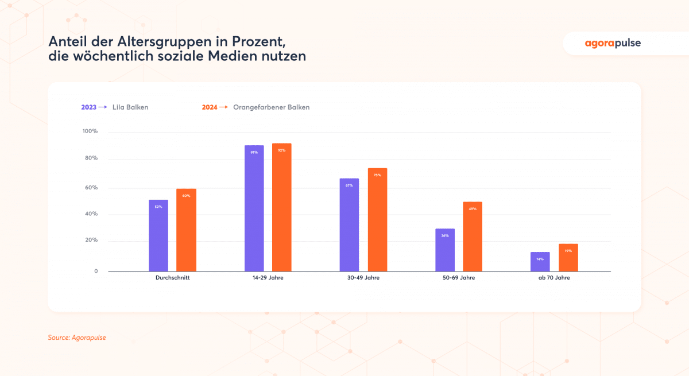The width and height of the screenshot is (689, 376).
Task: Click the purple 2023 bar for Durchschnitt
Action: (158, 235)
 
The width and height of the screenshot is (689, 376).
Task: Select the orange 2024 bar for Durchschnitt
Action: (186, 230)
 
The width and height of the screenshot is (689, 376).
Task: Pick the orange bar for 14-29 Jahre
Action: (282, 207)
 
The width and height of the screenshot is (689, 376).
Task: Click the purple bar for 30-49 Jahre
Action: (349, 224)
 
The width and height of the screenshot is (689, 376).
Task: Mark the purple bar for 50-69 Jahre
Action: (445, 250)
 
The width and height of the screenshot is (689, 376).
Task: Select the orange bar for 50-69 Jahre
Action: (473, 236)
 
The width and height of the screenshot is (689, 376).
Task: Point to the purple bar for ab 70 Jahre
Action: (540, 262)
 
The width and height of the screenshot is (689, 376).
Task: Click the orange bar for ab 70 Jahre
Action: (568, 258)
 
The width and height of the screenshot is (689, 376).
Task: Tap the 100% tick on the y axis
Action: (90, 131)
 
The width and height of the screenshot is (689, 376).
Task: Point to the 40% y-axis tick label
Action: (91, 214)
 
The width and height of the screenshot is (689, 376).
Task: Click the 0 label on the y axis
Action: (96, 271)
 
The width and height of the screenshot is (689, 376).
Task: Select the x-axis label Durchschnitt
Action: (172, 278)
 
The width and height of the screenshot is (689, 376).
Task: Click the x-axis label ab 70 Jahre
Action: (554, 278)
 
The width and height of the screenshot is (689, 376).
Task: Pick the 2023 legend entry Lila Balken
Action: (114, 107)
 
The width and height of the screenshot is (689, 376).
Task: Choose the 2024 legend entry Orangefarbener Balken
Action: (256, 107)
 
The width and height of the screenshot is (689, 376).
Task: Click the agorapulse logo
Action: (613, 43)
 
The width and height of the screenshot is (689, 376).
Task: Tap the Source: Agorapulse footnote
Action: (77, 338)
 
